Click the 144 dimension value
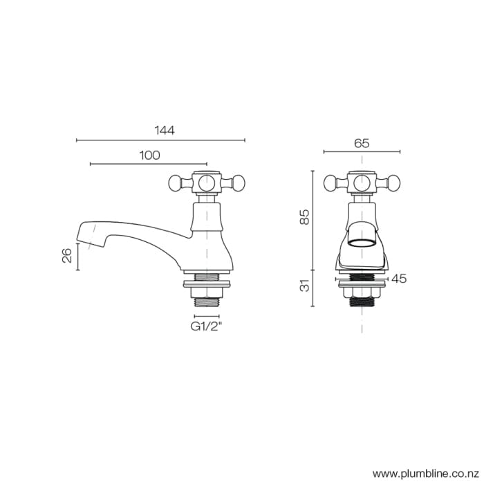164,130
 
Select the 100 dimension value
149,155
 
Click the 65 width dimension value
362,144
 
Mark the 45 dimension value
398,279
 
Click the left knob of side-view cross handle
176,183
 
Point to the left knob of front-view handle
331,183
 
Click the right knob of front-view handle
393,183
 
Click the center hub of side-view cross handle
207,183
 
